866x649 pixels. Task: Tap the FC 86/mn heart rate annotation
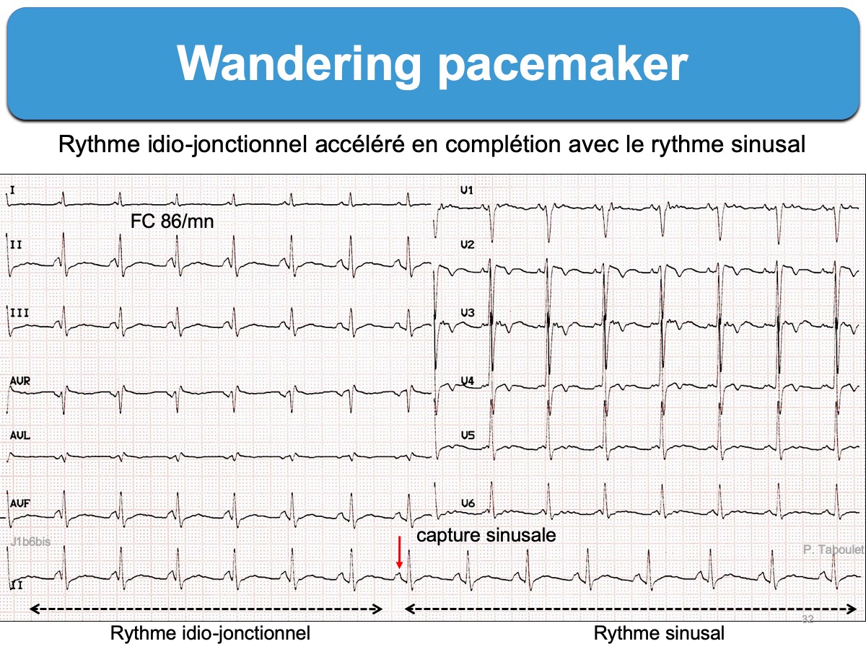pyautogui.click(x=172, y=221)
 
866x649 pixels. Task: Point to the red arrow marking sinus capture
pyautogui.click(x=399, y=554)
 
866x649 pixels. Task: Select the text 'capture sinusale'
pyautogui.click(x=487, y=536)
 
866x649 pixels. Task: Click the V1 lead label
pyautogui.click(x=467, y=190)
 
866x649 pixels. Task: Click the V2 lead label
pyautogui.click(x=467, y=245)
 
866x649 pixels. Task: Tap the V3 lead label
pyautogui.click(x=467, y=313)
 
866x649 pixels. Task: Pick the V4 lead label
pyautogui.click(x=467, y=381)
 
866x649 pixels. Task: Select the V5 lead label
pyautogui.click(x=467, y=436)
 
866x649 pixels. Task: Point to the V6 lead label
pyautogui.click(x=467, y=503)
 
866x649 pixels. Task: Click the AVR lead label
pyautogui.click(x=19, y=381)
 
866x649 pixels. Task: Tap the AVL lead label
pyautogui.click(x=19, y=436)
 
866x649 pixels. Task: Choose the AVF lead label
pyautogui.click(x=19, y=503)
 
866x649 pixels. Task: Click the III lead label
pyautogui.click(x=19, y=313)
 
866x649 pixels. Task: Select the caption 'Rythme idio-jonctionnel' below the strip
pyautogui.click(x=210, y=634)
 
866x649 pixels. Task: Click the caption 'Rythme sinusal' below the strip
pyautogui.click(x=659, y=634)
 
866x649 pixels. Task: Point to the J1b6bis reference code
pyautogui.click(x=30, y=542)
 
